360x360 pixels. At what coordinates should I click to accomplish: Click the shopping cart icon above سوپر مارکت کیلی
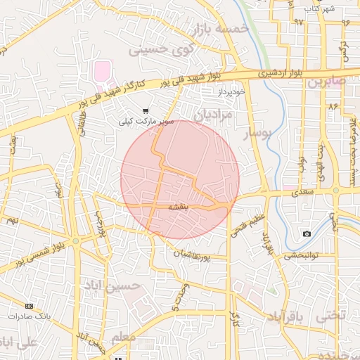point(146,110)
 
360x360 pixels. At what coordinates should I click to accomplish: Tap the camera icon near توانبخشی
point(307,233)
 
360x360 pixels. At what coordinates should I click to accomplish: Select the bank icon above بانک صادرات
point(29,306)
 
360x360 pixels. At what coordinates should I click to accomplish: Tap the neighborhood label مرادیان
point(212,114)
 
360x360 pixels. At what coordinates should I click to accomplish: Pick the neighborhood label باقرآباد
point(288,318)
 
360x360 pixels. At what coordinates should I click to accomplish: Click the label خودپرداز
point(230,92)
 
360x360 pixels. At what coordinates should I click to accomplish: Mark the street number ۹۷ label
point(299,22)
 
